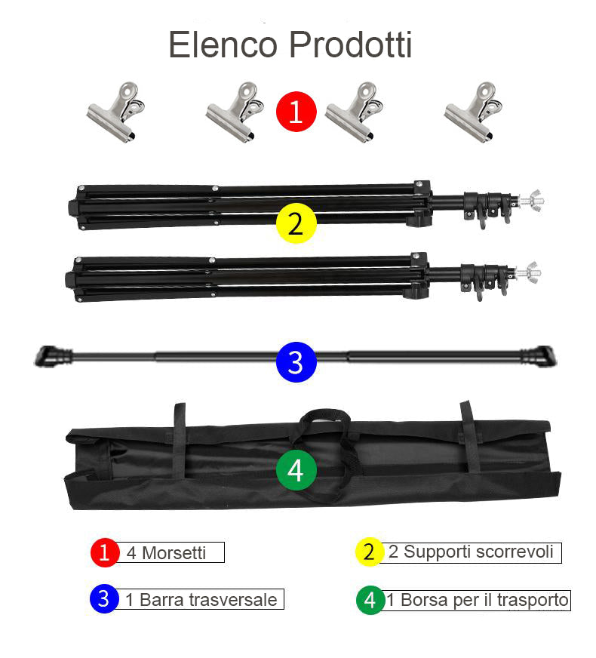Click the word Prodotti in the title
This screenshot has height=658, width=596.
tap(350, 45)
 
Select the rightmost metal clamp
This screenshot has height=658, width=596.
tap(472, 112)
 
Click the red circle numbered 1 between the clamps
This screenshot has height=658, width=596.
tap(296, 112)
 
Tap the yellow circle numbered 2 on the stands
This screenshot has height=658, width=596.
tap(296, 224)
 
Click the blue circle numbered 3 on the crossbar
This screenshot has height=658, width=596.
tap(296, 362)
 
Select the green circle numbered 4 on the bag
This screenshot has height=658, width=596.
tap(296, 470)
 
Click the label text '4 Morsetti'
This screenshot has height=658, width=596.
tap(166, 553)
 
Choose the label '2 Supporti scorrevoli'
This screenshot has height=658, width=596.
tap(471, 552)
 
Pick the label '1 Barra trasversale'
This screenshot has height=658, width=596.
tap(201, 600)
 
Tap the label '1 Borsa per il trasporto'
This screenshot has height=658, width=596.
tap(477, 601)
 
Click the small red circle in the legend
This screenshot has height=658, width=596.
tap(105, 552)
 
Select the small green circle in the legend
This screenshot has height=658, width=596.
tap(370, 601)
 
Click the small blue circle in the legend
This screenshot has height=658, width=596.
tap(104, 599)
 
